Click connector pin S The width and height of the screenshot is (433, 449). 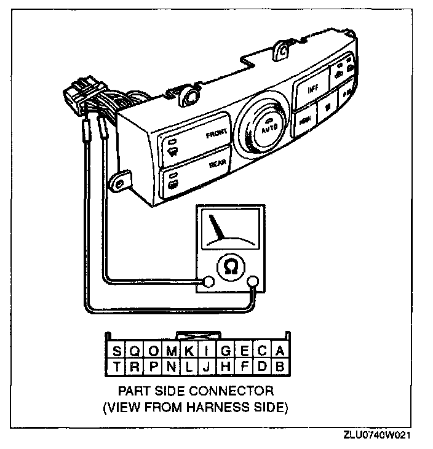point(117,351)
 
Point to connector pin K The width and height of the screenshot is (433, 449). point(190,351)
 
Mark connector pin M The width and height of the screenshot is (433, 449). point(172,351)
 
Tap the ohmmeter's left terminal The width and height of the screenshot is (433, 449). point(209,282)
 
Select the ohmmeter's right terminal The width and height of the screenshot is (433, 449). point(253,282)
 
